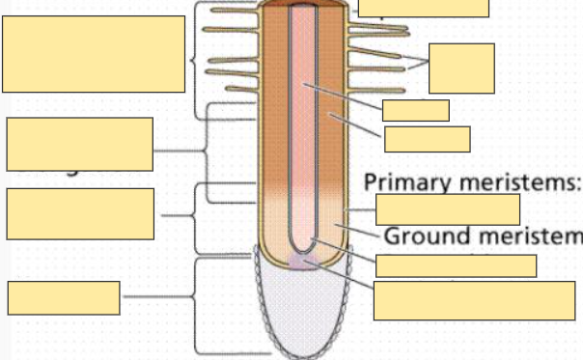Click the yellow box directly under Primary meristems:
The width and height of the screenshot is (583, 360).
(448, 209)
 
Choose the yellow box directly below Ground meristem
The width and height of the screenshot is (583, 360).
(456, 266)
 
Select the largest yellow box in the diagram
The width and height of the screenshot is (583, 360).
(94, 54)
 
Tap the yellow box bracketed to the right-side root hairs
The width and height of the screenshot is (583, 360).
(461, 69)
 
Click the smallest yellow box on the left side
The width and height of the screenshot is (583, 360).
(64, 297)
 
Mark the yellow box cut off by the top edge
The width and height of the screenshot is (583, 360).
(424, 8)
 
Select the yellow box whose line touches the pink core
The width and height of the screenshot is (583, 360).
(415, 110)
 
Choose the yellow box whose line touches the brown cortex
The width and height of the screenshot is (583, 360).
(427, 139)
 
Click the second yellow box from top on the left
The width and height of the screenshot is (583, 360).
(79, 144)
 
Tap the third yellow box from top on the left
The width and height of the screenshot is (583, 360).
(79, 214)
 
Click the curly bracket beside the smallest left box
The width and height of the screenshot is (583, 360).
(196, 305)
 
